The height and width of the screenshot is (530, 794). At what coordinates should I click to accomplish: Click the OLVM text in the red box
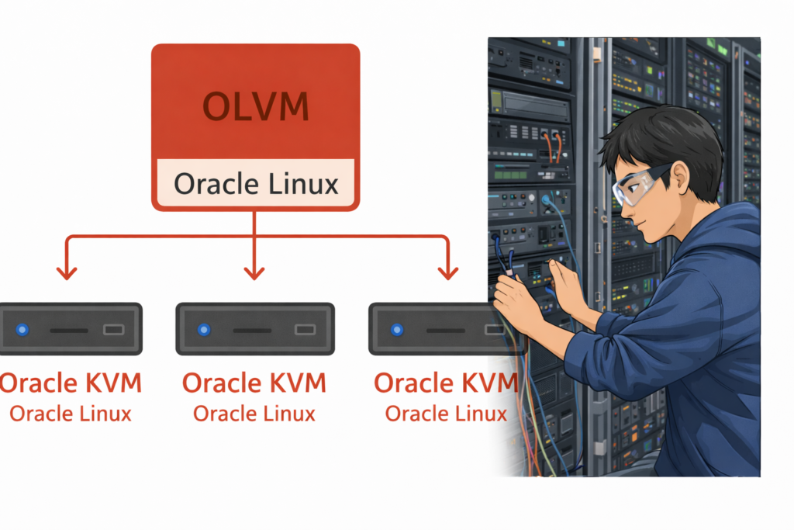point(255,106)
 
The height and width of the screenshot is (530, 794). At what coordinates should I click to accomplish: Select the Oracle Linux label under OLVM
point(256,184)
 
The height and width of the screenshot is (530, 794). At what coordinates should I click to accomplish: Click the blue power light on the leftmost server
point(22,330)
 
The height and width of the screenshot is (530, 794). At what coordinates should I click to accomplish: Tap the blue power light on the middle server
point(204,330)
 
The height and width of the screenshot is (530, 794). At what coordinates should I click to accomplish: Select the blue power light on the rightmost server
point(396,330)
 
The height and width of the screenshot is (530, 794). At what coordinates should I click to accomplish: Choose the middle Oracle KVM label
point(254,383)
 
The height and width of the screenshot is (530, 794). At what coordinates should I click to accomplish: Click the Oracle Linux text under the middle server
point(254,413)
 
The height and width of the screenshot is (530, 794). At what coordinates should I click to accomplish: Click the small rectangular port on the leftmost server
point(113,330)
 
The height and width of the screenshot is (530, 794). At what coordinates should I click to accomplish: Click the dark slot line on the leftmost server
point(68,330)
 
